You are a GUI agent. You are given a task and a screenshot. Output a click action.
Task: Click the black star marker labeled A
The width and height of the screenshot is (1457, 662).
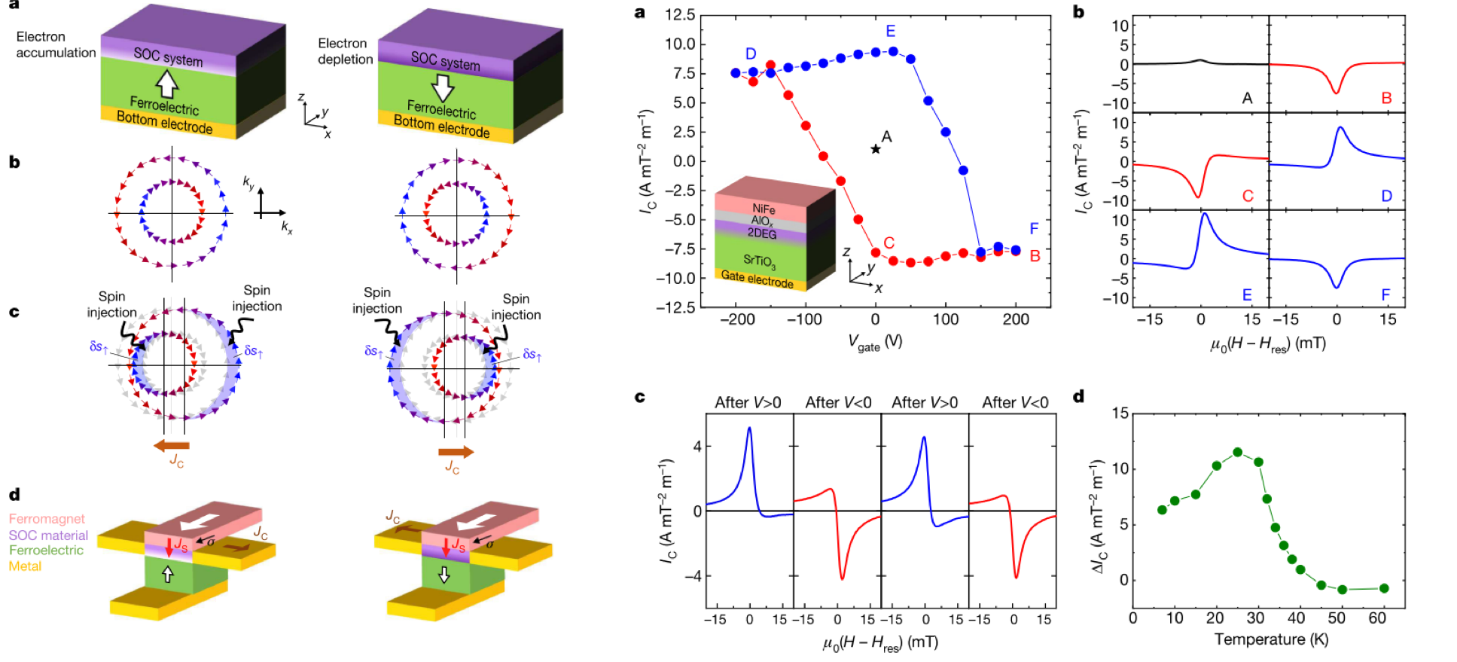tap(876, 149)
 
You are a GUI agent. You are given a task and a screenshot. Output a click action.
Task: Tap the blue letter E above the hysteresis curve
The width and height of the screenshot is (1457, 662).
tap(891, 31)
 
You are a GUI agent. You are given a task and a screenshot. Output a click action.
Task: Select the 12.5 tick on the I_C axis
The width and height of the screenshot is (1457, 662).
tap(679, 15)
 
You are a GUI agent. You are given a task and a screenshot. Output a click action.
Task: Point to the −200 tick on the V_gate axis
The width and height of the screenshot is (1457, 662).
tap(737, 319)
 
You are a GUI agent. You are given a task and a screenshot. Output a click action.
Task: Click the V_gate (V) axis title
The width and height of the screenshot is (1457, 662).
tap(875, 342)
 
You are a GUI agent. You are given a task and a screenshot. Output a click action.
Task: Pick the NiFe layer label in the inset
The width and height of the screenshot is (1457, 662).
tap(764, 209)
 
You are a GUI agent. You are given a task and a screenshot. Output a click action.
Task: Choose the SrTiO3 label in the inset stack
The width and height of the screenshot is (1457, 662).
tap(759, 261)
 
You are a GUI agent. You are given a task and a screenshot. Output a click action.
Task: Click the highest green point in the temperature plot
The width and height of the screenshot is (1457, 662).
tap(1237, 453)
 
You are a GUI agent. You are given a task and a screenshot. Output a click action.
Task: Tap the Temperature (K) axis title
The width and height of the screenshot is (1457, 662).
tap(1270, 639)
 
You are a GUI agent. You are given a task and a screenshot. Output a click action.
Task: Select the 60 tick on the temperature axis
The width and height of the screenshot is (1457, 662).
tap(1377, 618)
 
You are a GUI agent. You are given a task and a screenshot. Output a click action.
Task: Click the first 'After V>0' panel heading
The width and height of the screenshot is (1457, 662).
tap(748, 403)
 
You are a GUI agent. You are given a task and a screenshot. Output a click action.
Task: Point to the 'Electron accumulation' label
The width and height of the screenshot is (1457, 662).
tap(56, 44)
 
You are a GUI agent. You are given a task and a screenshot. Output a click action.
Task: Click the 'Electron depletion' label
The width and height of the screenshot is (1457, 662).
tap(344, 51)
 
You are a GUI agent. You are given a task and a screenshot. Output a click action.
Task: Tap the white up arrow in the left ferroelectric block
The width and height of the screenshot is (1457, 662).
tap(166, 83)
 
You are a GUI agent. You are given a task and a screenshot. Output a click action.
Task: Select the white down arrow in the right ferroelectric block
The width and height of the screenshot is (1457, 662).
tap(444, 87)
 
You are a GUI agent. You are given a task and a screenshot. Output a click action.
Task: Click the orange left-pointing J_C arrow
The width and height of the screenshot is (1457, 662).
tap(171, 445)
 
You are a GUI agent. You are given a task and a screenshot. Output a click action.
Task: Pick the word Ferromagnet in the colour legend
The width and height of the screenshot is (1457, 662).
tap(47, 519)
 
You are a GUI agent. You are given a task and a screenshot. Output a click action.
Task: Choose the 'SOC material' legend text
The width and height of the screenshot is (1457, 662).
tap(48, 535)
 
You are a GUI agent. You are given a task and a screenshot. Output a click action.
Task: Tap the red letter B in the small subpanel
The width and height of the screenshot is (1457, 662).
tap(1386, 98)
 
